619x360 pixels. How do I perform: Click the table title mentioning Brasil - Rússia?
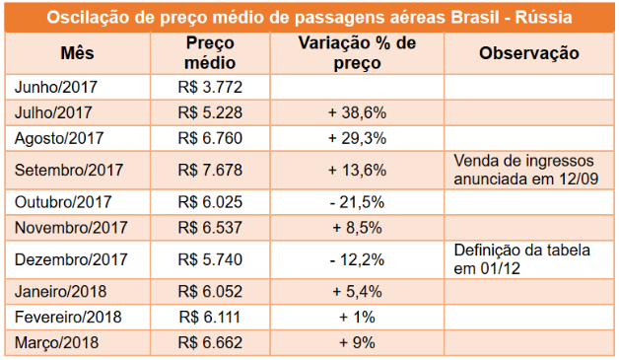click(309, 18)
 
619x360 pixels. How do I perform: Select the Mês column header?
click(77, 53)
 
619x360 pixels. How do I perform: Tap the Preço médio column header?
click(210, 53)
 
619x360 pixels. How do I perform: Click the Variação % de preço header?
click(357, 53)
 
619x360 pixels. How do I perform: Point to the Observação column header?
click(529, 53)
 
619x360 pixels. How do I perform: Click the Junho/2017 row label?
click(55, 88)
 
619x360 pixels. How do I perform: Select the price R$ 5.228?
click(210, 112)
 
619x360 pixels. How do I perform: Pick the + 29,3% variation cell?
click(357, 138)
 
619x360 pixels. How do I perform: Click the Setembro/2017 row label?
click(69, 171)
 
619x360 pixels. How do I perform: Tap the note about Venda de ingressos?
click(525, 170)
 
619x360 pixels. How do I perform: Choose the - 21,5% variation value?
click(357, 202)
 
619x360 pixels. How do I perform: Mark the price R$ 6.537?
click(210, 228)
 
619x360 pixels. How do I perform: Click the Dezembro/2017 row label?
click(71, 259)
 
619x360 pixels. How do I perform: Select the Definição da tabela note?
click(521, 259)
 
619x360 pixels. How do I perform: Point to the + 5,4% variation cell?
click(357, 292)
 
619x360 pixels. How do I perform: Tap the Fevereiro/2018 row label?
click(68, 318)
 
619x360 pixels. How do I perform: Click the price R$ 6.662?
click(210, 342)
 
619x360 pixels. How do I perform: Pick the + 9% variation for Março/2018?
click(357, 342)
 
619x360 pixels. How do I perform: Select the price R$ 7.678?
click(210, 171)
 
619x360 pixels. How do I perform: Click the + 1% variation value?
click(357, 318)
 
